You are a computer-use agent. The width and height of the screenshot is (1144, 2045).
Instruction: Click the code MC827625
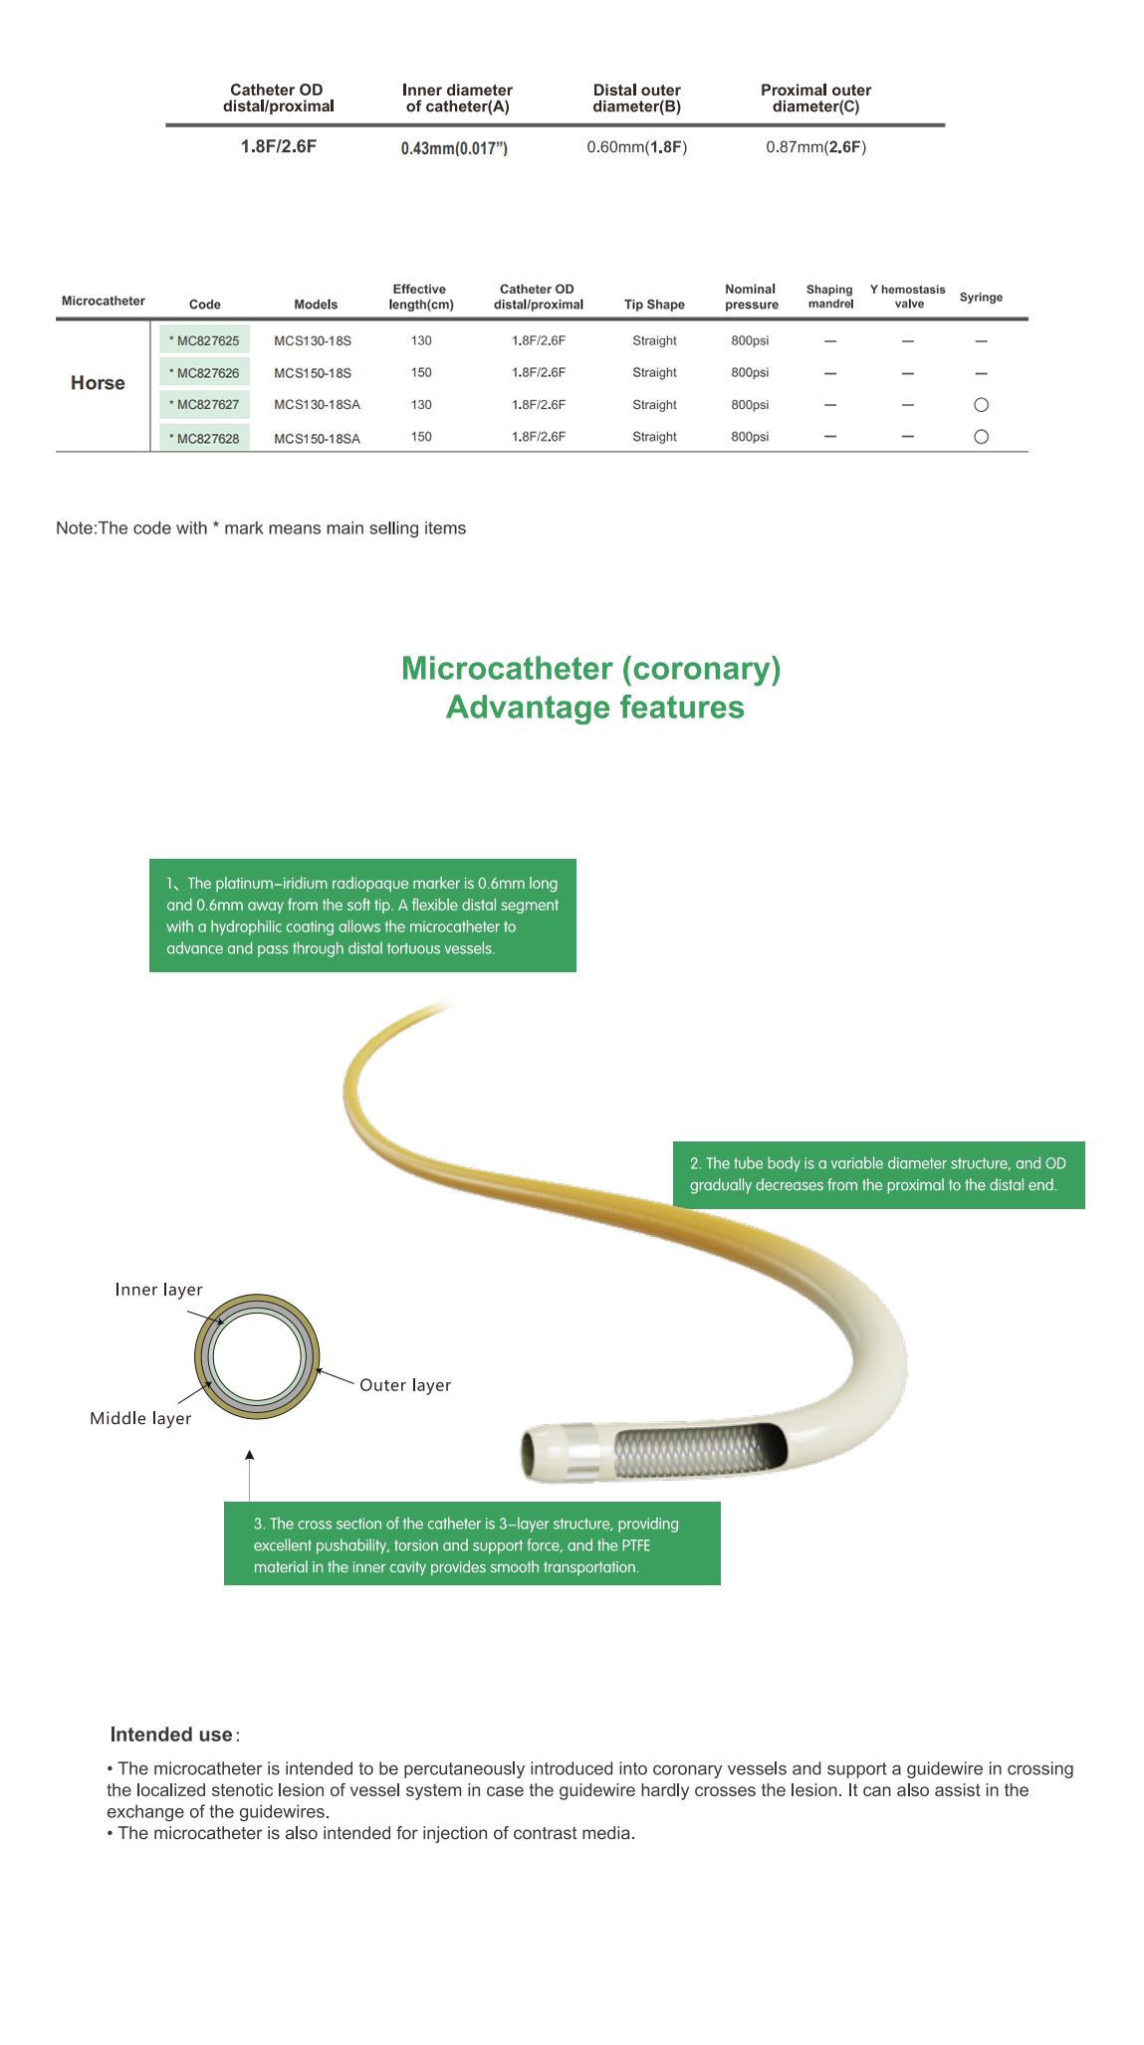205,341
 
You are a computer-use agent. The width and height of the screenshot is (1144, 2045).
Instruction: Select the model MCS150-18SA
317,439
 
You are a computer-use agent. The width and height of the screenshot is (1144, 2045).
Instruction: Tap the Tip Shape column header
654,305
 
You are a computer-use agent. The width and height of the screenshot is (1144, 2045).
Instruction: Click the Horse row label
98,383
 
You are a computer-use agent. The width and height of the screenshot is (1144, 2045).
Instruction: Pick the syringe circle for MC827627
981,405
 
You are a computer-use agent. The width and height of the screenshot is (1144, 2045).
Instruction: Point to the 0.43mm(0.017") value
454,148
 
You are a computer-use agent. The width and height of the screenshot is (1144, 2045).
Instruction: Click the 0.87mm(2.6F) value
815,147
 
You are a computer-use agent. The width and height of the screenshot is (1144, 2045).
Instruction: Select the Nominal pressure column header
751,297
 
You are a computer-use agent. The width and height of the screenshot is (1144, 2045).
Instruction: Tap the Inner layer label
158,1290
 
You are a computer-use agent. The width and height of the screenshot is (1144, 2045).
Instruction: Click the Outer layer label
405,1385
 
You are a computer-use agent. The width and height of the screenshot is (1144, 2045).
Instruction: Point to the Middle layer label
140,1418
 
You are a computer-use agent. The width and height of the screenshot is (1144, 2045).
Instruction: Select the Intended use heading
172,1735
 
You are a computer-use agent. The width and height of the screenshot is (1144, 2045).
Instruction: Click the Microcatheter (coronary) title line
590,669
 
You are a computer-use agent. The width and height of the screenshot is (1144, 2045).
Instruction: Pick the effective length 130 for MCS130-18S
421,341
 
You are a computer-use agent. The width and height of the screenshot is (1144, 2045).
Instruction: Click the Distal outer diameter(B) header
636,98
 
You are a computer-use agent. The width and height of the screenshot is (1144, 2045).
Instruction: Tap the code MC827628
205,439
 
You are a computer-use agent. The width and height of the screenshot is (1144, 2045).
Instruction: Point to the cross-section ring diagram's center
257,1356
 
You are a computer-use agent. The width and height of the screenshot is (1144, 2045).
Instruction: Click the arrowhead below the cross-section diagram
250,1456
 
